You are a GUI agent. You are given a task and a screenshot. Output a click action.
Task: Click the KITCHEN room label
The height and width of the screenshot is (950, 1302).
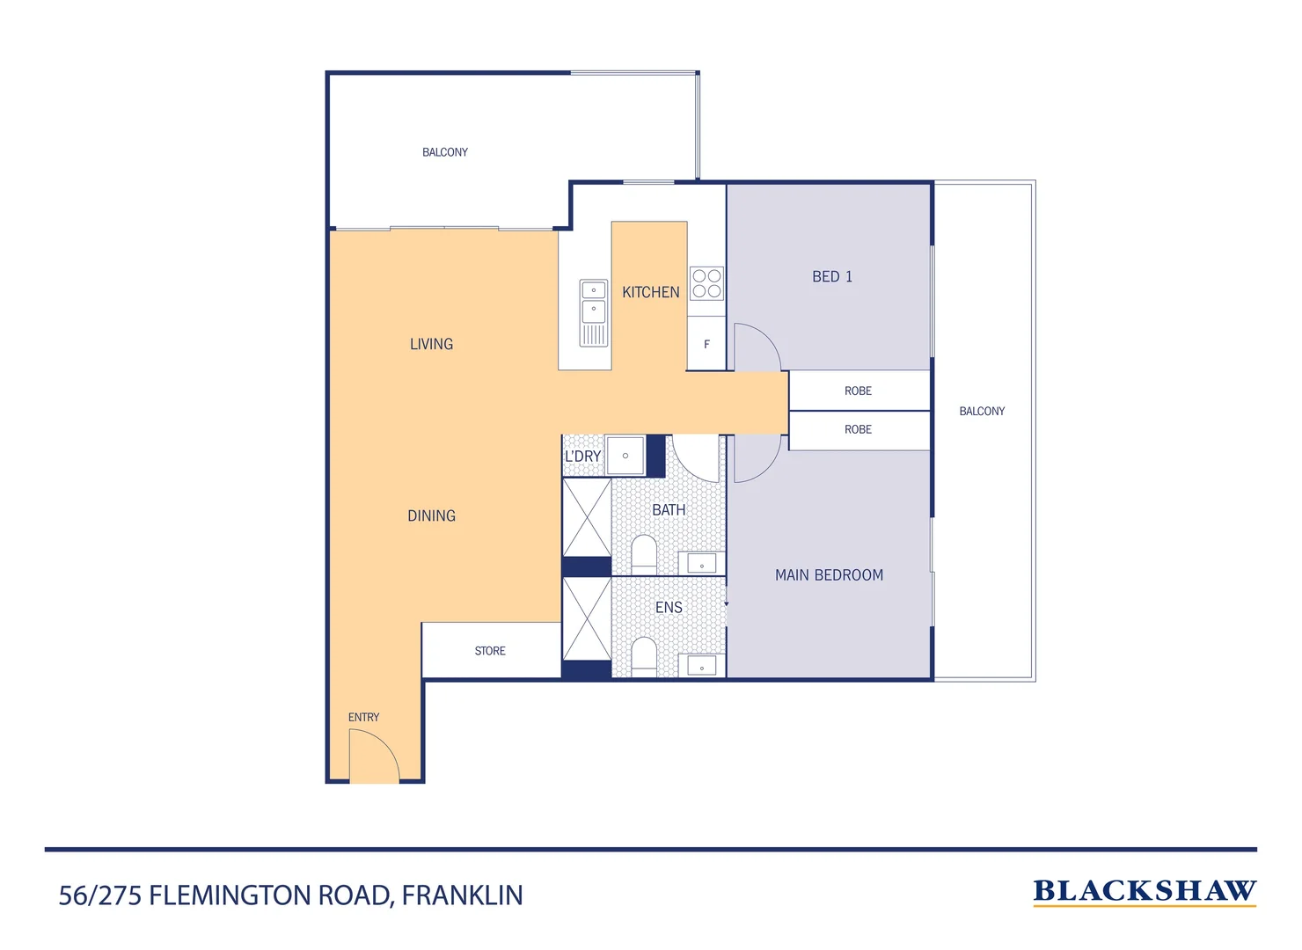tap(650, 292)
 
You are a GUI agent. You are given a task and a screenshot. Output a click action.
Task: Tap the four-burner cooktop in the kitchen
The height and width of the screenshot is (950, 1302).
tap(706, 283)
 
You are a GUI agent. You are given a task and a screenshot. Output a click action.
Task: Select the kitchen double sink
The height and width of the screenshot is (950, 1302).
tap(594, 311)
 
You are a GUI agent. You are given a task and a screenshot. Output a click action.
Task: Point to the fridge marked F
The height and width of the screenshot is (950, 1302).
tap(706, 344)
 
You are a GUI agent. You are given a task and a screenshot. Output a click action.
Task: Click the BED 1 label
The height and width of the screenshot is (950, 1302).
tap(831, 277)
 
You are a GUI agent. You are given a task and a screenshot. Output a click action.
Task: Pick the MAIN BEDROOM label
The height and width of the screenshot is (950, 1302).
tap(829, 575)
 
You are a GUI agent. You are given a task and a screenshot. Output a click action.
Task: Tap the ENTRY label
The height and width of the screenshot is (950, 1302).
tap(363, 718)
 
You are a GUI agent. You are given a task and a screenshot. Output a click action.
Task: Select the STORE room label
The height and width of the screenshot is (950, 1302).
tap(490, 651)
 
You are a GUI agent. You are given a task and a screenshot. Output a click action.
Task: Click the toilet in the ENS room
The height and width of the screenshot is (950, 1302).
tap(644, 655)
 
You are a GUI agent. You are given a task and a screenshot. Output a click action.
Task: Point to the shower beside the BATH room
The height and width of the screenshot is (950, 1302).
tap(587, 517)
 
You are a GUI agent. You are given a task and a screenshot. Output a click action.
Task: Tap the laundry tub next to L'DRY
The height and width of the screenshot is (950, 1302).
tap(625, 456)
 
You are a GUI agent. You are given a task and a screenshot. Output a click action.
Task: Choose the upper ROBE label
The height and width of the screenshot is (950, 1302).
tap(858, 391)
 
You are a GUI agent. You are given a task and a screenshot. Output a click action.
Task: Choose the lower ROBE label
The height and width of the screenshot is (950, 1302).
tap(858, 429)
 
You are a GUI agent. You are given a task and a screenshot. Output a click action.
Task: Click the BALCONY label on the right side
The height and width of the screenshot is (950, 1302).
tap(982, 411)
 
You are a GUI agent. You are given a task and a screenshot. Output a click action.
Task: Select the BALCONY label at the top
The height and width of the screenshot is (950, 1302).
tap(445, 152)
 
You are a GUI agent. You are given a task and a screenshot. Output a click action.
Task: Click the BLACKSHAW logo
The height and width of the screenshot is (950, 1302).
tap(1145, 892)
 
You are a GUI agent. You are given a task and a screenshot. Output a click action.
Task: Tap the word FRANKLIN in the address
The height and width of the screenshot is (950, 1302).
tap(463, 895)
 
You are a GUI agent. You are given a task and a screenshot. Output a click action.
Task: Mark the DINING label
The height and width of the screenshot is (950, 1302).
tap(431, 516)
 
